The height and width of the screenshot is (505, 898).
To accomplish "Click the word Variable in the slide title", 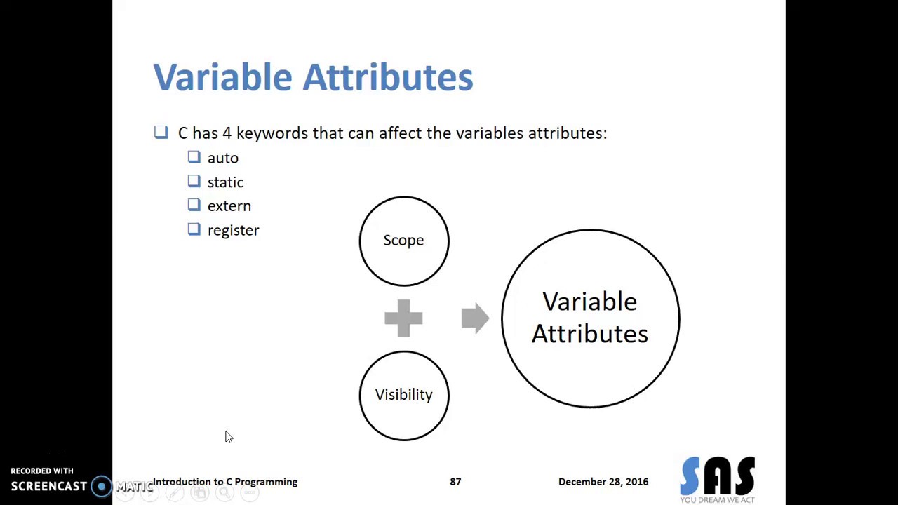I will pos(222,77).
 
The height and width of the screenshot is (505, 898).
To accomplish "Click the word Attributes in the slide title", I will pos(388,77).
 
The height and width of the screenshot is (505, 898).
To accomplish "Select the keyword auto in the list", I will pos(222,159).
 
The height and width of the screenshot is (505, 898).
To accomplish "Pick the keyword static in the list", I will pos(225,182).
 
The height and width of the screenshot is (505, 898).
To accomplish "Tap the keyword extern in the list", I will pos(229,206).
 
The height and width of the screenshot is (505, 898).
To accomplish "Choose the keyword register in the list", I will pos(233,231).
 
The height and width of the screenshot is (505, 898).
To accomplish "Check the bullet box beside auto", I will pos(194,158).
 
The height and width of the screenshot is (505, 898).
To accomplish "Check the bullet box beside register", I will pos(194,229).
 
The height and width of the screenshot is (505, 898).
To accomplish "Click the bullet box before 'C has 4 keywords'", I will pos(161,132).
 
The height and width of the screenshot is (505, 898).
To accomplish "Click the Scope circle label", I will pos(403,241).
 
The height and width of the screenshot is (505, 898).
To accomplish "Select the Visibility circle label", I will pos(403,395).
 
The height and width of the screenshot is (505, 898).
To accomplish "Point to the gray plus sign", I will pos(403,318).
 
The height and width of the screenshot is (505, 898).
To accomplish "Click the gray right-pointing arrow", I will pos(475,318).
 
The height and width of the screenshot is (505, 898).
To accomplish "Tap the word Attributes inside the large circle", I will pos(589,335).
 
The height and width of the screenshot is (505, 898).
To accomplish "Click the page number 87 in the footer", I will pos(455,482).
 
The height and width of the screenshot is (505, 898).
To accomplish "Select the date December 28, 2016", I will pos(603,482).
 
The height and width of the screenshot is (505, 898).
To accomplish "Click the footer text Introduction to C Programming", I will pos(225,482).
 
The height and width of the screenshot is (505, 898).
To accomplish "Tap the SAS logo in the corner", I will pos(717,478).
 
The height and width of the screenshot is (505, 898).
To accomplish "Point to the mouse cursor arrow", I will pos(228,436).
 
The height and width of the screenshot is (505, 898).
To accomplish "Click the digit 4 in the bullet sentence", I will pos(227,133).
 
